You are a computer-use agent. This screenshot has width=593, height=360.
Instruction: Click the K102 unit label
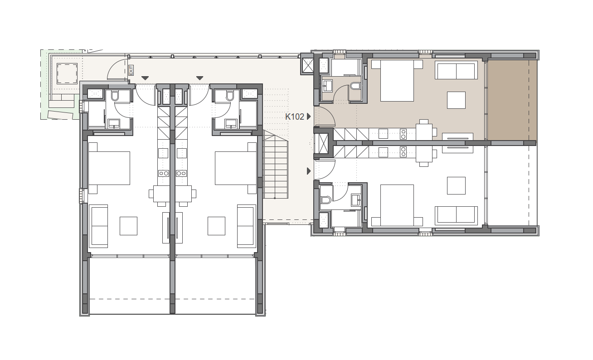pos(294,117)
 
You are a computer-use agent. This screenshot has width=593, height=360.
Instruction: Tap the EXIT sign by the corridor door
pos(131,70)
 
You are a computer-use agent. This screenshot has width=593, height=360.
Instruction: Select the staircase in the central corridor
pos(275,164)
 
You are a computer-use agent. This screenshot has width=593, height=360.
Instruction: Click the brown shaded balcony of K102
pos(512,100)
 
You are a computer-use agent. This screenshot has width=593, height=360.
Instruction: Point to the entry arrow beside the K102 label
pos(309,117)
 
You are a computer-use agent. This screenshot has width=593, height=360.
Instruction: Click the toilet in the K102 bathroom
pos(355,86)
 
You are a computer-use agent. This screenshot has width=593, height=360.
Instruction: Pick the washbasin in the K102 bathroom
pos(327,86)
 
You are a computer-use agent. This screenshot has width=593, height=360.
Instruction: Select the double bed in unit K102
pos(397,80)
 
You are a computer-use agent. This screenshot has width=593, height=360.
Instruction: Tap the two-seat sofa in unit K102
pos(456,70)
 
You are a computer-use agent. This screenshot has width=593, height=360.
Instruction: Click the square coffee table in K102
pos(456,100)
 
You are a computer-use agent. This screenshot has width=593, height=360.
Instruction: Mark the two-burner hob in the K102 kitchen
pos(403,134)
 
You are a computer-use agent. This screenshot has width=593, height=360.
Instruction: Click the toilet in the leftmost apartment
pos(115,96)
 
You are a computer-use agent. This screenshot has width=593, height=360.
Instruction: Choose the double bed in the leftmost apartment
pos(109,168)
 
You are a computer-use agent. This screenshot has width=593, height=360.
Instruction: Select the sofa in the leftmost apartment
pos(98,226)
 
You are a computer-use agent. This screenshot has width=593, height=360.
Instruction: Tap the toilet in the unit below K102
pos(326,200)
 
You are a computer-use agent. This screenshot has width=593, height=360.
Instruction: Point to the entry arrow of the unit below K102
pos(309,171)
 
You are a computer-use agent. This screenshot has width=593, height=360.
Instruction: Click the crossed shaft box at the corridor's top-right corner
pos(308,65)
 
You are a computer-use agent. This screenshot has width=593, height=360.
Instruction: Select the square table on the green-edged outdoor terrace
pos(67,73)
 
